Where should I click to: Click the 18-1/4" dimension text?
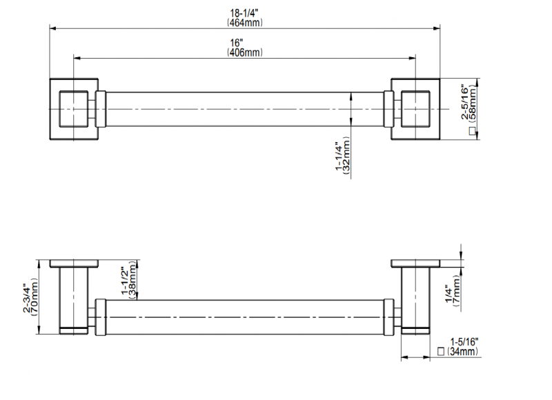coord(244,13)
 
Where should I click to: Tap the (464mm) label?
coord(245,23)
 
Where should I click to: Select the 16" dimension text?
coord(237,43)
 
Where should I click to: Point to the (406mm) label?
coord(245,52)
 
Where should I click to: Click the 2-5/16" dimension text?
coord(465,101)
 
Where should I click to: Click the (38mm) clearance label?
coord(132,280)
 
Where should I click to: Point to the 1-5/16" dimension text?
coord(464,341)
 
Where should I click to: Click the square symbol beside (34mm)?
coord(441,351)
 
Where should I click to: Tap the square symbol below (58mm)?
coord(473,131)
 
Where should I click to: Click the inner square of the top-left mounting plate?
coord(74,92)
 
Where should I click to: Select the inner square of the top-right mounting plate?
coord(415,92)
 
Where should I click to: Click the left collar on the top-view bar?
coord(100,109)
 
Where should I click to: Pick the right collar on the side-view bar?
coord(388,317)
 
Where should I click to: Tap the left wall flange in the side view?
coord(74,263)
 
